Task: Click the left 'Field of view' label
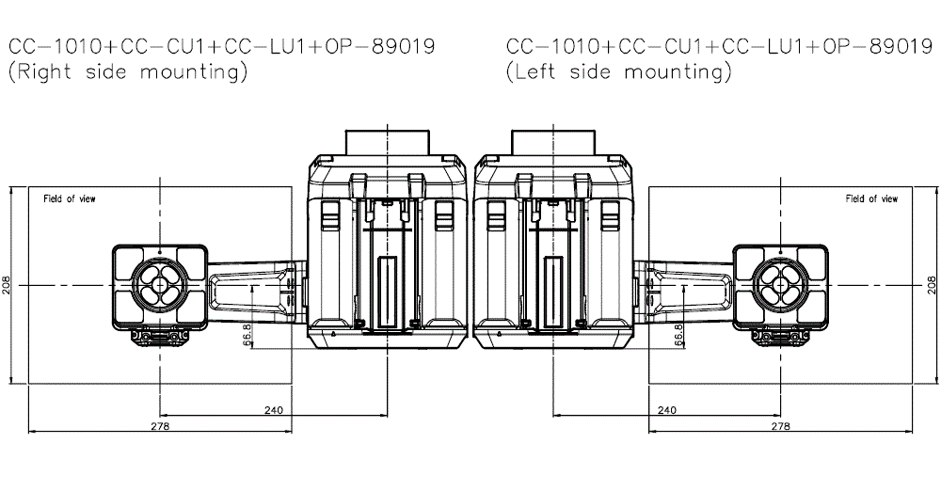click(70, 198)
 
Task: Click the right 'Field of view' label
click(871, 198)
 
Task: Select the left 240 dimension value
click(273, 409)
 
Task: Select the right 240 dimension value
click(666, 409)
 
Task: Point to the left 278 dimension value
click(159, 426)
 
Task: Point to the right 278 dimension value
click(780, 426)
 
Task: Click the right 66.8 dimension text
click(679, 335)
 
